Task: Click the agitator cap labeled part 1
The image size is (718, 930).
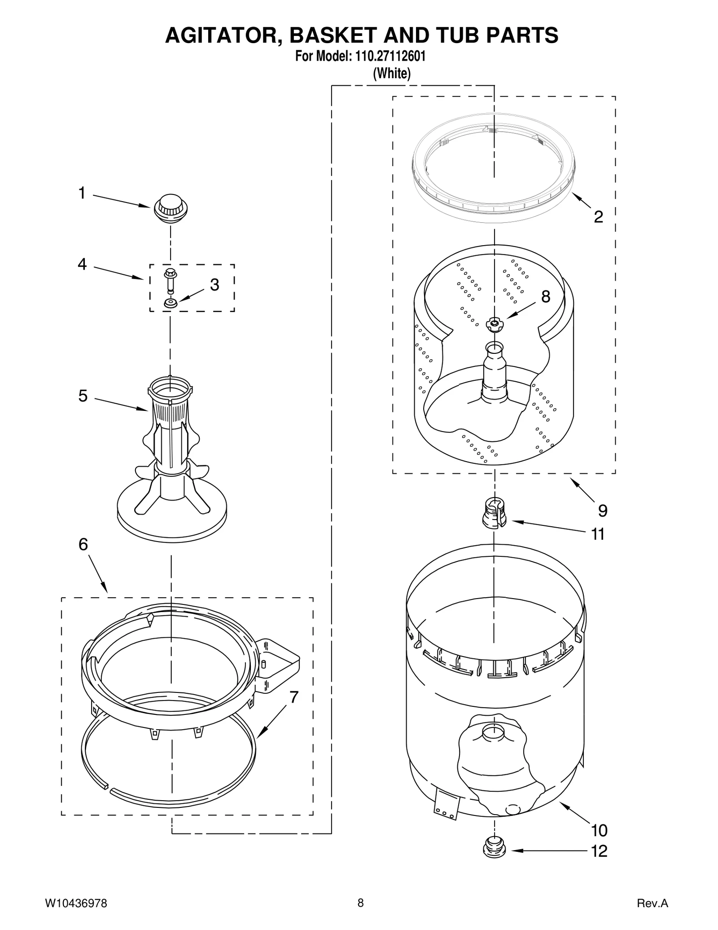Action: (171, 208)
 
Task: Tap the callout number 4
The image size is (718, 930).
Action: (82, 264)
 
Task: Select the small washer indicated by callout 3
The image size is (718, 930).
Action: (171, 304)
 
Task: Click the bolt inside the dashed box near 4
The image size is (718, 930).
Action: (171, 280)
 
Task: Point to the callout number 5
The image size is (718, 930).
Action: (83, 396)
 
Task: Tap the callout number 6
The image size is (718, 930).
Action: (83, 544)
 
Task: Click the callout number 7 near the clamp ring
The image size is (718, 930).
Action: (294, 697)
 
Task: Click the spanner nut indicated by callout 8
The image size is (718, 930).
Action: (494, 324)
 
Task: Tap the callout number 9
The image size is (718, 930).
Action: (603, 511)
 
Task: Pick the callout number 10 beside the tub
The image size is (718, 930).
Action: (599, 830)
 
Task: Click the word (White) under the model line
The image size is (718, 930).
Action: (391, 73)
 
